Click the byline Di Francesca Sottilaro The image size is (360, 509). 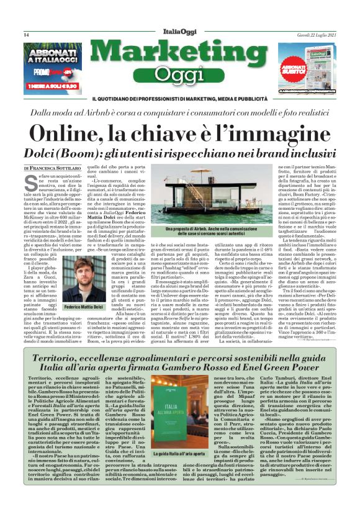(x=52, y=168)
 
